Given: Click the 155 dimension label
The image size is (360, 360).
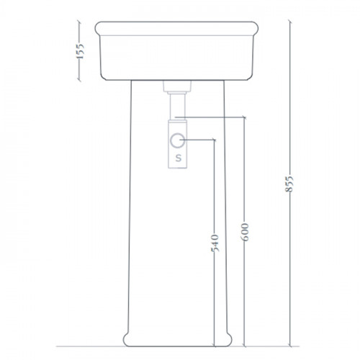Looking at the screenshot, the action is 80,51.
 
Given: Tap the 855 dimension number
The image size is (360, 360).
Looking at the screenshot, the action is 289,184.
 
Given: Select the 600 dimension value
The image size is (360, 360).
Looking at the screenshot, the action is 245,232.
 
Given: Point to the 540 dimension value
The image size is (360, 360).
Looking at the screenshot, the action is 215,243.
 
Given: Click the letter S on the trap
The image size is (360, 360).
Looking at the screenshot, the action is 178,158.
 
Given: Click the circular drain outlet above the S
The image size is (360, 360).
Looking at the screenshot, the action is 178,140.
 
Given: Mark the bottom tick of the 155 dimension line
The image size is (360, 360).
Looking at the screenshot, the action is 79,80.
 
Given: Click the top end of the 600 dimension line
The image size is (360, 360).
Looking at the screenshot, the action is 244,117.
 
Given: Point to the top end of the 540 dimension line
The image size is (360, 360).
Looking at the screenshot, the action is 215,140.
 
